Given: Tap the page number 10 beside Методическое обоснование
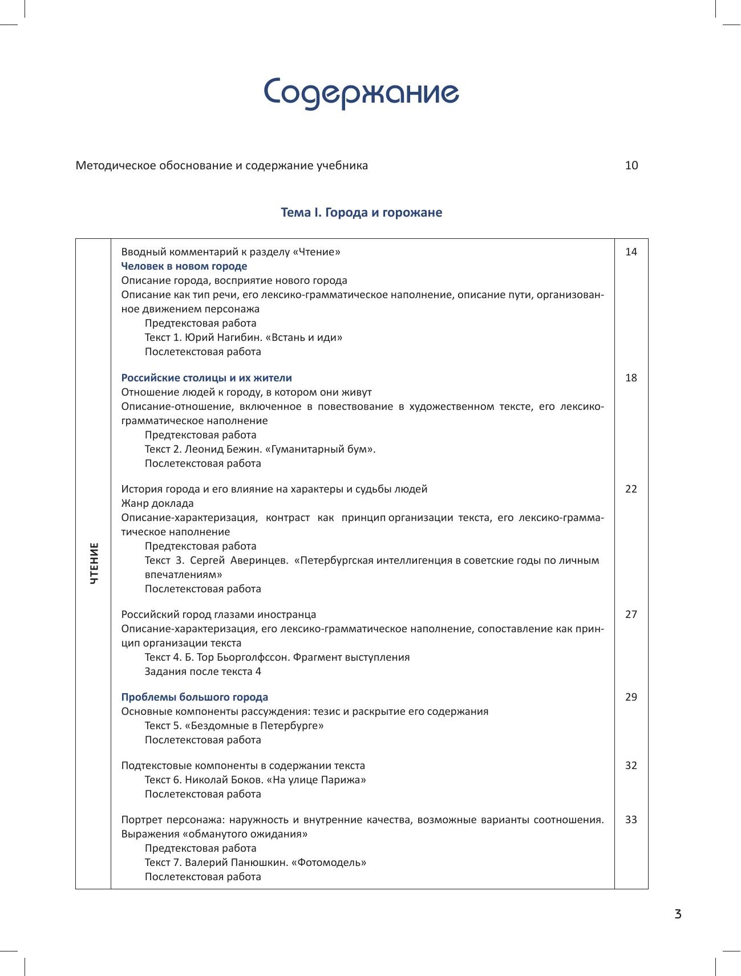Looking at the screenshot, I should (631, 166).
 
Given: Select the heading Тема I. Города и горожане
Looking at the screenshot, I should (362, 213).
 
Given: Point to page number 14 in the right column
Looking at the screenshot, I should (631, 252).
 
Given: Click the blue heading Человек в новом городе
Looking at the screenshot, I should (184, 266).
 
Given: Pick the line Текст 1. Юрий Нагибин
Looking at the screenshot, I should (244, 337).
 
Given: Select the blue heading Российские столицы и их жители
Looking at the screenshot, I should (206, 378).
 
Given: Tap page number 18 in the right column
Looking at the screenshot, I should (631, 378).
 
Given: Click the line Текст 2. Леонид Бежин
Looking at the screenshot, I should (260, 449).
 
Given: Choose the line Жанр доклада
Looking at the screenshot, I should (157, 503).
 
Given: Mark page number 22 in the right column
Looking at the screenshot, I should (631, 489).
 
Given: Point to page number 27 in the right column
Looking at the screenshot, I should (631, 615).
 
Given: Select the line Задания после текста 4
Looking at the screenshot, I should (203, 672).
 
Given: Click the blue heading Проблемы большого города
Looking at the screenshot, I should (195, 697).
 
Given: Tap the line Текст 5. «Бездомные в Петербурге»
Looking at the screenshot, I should (234, 726).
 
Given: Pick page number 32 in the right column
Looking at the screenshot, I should (631, 766).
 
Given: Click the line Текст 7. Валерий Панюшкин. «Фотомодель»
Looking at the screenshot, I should (256, 863).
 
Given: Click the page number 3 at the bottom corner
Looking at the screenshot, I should (678, 915).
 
